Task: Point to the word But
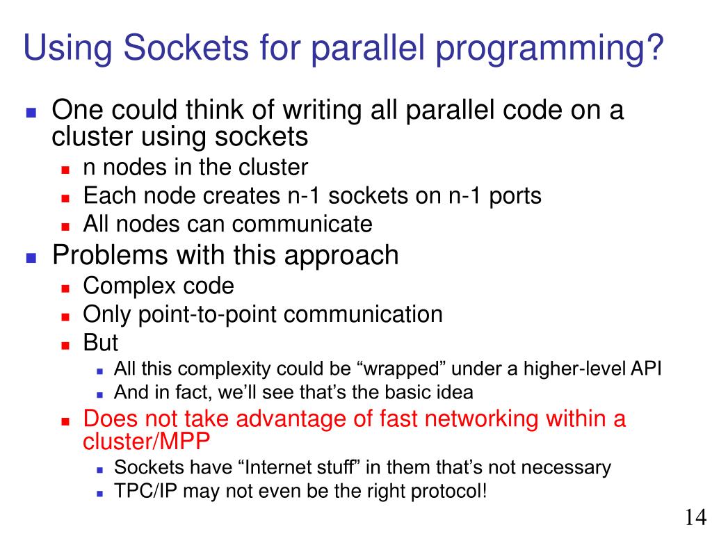click(100, 343)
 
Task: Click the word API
click(646, 368)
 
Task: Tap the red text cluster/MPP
click(146, 442)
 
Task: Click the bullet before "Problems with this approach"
click(31, 257)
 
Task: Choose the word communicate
click(302, 224)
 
